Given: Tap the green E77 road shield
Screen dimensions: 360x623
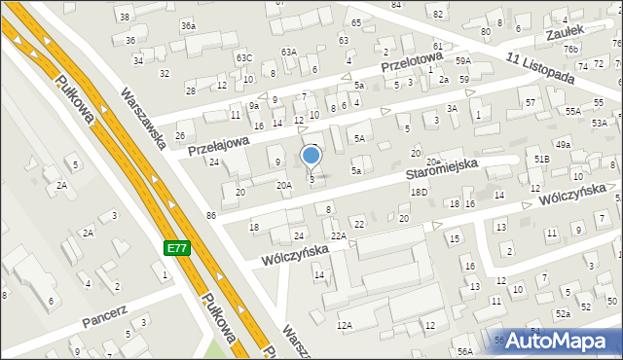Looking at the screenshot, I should pyautogui.click(x=176, y=249).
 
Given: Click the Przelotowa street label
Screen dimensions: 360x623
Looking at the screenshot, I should pyautogui.click(x=413, y=64).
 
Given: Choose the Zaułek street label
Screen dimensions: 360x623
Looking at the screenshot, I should pyautogui.click(x=564, y=32).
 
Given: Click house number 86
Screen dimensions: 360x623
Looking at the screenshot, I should pyautogui.click(x=210, y=213).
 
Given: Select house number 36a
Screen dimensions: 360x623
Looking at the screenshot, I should pyautogui.click(x=188, y=25).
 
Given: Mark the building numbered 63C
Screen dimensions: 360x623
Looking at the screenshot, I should pyautogui.click(x=243, y=58).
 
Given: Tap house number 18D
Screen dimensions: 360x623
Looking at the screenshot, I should pyautogui.click(x=419, y=193).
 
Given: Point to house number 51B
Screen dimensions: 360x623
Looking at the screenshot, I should pyautogui.click(x=541, y=159).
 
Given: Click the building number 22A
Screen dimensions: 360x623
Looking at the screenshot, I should pyautogui.click(x=338, y=235).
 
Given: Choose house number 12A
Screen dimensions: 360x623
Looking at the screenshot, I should pyautogui.click(x=344, y=325).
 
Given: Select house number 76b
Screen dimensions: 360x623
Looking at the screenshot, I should pyautogui.click(x=570, y=49).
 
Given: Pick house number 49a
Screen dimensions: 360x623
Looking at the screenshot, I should pyautogui.click(x=563, y=145).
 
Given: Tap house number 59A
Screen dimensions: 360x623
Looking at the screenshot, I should pyautogui.click(x=463, y=60).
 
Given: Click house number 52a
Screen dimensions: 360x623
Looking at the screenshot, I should pyautogui.click(x=563, y=314).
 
